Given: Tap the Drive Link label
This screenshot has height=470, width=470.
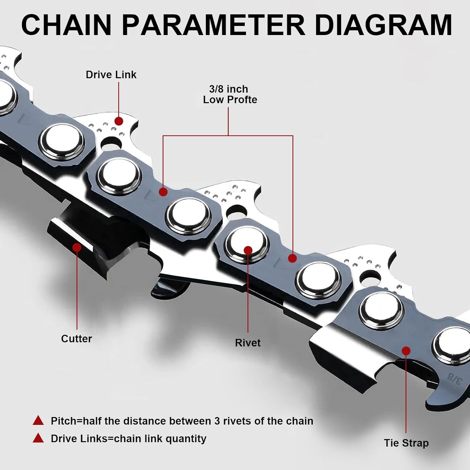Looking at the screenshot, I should [111, 75].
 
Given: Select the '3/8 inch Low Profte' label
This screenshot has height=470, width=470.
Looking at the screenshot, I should [230, 94].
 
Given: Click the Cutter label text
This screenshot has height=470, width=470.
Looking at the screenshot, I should [76, 338].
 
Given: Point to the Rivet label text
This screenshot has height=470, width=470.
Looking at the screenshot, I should [248, 342].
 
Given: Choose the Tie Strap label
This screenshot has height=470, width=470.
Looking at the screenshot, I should [406, 443].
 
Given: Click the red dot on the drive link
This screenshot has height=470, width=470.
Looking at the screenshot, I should [118, 121].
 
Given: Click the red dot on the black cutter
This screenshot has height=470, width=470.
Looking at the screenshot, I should [77, 248].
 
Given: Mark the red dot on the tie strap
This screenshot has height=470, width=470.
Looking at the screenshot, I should [406, 351].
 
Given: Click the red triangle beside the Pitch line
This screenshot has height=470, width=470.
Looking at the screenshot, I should [38, 420].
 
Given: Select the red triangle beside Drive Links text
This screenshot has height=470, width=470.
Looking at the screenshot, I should [38, 438].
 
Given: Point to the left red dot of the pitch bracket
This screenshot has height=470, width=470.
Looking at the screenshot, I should [163, 192].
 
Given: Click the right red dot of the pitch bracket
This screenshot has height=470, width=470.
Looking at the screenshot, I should [292, 258].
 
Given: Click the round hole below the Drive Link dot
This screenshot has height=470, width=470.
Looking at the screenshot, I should [111, 143].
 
